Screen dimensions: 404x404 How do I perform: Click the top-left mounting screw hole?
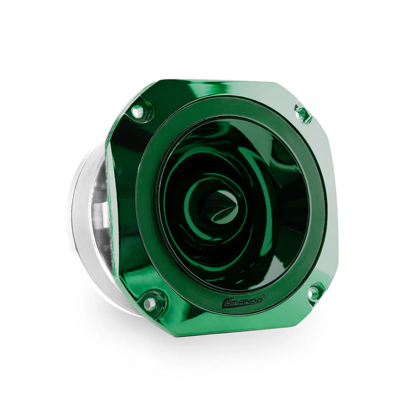(138, 111)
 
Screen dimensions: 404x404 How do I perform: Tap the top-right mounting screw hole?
(301, 112)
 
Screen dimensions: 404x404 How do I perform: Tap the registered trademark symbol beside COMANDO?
(264, 296)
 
